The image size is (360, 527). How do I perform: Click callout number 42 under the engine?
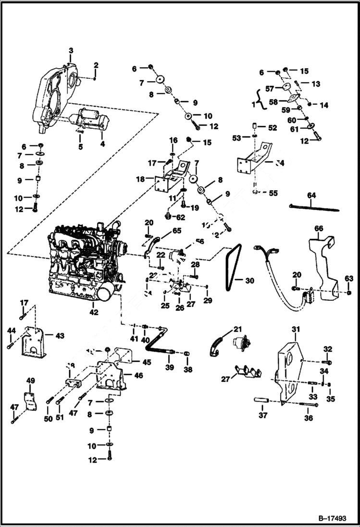[x=93, y=312]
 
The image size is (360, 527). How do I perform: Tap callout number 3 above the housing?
[x=71, y=50]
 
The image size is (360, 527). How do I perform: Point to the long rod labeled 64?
[x=315, y=207]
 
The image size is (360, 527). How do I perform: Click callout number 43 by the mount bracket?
[x=60, y=335]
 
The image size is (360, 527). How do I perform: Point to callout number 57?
[x=270, y=88]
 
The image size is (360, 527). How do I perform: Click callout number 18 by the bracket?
[x=140, y=179]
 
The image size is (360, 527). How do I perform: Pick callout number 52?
[x=273, y=128]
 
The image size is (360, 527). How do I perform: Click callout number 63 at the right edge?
[x=348, y=278]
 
